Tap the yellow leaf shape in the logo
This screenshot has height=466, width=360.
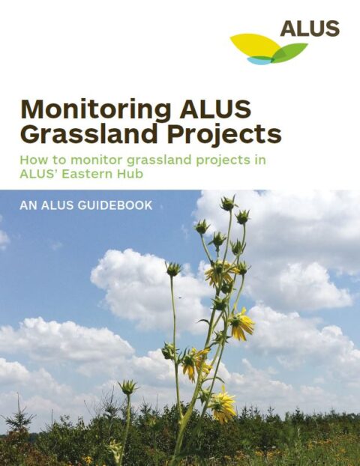[x=255, y=46]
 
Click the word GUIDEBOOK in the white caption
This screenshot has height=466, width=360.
[x=114, y=205]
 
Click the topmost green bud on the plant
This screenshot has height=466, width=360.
[x=228, y=203]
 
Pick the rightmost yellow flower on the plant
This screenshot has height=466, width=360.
[x=241, y=324]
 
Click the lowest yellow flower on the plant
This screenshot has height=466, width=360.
[x=223, y=405]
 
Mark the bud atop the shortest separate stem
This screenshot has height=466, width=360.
[x=128, y=387]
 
